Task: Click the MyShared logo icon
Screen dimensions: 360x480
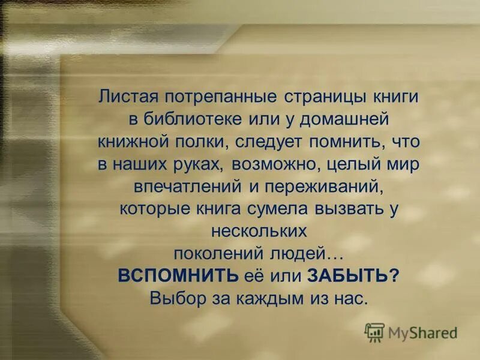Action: [375, 331]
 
